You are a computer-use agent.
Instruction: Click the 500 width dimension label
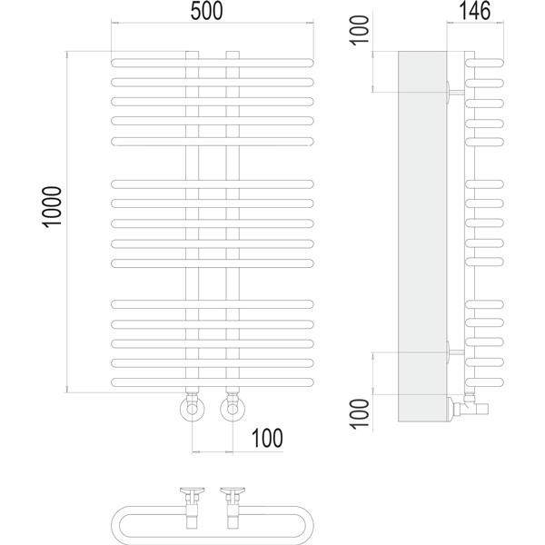tap(206, 11)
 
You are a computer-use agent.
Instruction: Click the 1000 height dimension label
tap(52, 207)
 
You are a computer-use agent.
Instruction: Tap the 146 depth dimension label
tap(475, 11)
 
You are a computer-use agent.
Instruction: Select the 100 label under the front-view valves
tap(267, 439)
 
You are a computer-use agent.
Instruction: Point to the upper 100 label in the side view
tap(360, 30)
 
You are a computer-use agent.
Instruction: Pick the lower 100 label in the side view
tap(360, 414)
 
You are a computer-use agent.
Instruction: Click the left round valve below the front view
tap(192, 409)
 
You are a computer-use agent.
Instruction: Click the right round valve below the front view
tap(233, 409)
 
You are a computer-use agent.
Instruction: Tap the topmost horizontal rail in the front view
tap(213, 63)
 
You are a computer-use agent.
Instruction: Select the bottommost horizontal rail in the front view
tap(213, 382)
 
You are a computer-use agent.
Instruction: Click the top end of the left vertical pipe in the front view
tap(192, 52)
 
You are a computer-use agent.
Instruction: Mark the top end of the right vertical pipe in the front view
tap(233, 52)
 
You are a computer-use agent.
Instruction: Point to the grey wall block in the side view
tap(422, 236)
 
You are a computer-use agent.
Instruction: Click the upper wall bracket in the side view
tap(455, 92)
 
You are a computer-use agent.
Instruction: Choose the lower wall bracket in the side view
tap(455, 352)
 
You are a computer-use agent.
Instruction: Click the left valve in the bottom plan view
tap(193, 508)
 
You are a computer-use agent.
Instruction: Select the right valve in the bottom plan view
tap(233, 508)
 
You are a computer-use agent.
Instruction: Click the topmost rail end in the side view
tap(484, 63)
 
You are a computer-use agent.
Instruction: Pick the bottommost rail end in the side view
tap(484, 382)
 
